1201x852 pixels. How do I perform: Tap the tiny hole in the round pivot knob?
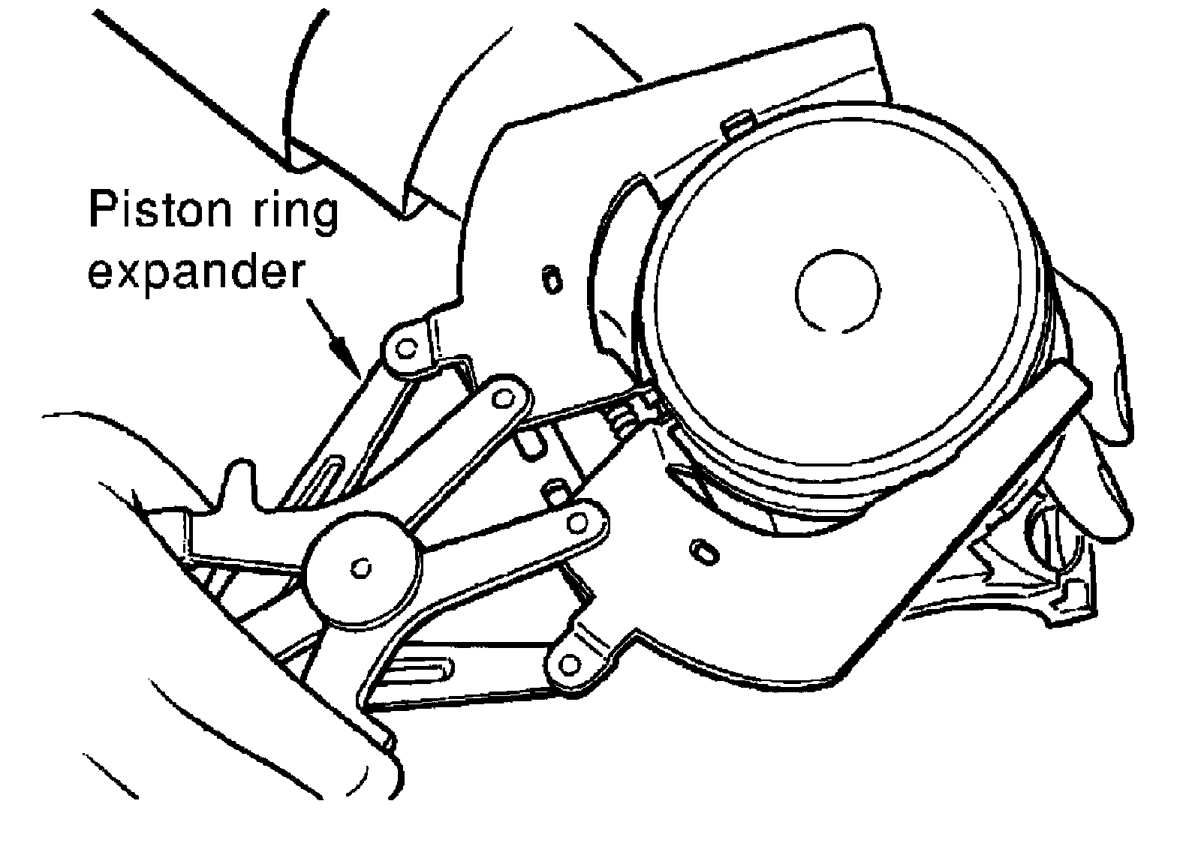pyautogui.click(x=363, y=568)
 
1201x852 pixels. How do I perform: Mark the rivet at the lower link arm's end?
pyautogui.click(x=578, y=520)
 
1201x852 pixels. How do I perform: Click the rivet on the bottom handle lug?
pyautogui.click(x=570, y=663)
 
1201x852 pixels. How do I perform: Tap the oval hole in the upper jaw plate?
pyautogui.click(x=552, y=280)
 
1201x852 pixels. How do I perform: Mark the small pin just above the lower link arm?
pyautogui.click(x=557, y=491)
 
